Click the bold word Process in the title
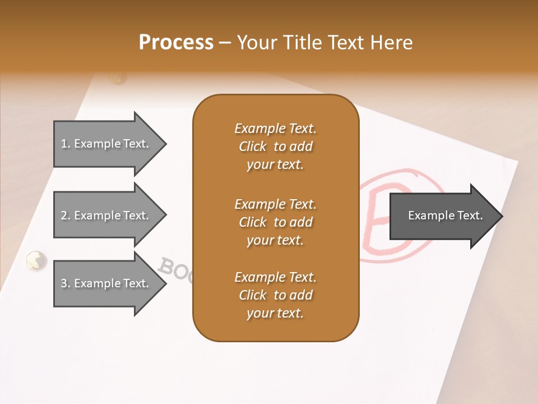(x=176, y=43)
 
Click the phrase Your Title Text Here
(x=324, y=43)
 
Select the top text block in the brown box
(x=275, y=146)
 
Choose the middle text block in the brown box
(x=275, y=222)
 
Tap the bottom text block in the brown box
(x=275, y=295)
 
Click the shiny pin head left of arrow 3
(x=36, y=260)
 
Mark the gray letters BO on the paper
(x=174, y=269)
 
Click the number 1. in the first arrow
(x=66, y=144)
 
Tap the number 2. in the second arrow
(x=66, y=215)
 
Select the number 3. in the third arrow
(x=66, y=283)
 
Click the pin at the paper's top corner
(x=118, y=78)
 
